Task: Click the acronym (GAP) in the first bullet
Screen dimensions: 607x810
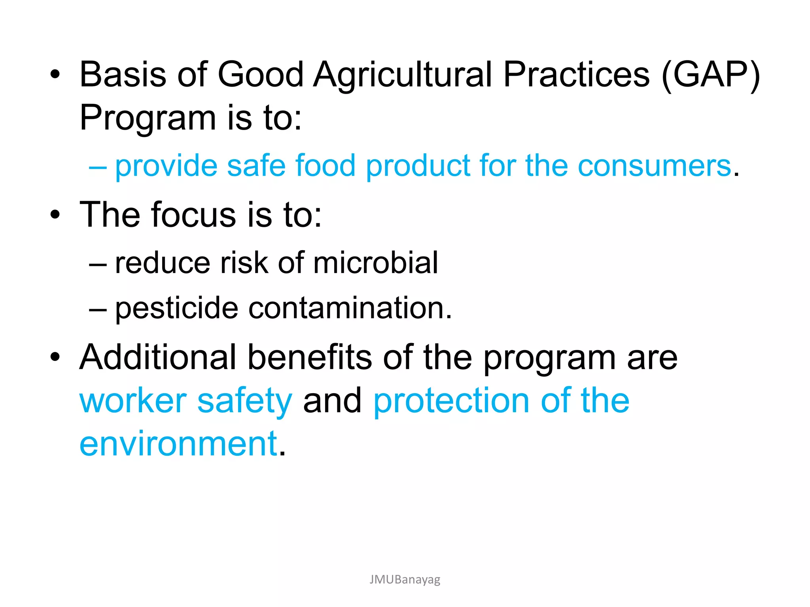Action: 710,75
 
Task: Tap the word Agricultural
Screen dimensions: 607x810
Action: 402,75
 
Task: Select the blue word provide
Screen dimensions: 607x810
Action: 166,166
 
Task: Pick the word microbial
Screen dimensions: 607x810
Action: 375,263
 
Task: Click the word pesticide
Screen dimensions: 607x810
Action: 176,308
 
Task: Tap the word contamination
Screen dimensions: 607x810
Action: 350,308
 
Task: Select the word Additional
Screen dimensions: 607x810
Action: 158,357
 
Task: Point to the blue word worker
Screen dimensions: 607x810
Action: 133,401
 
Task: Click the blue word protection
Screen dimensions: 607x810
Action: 451,401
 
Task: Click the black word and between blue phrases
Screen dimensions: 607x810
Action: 332,401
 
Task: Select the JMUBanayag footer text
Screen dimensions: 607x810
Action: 405,579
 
